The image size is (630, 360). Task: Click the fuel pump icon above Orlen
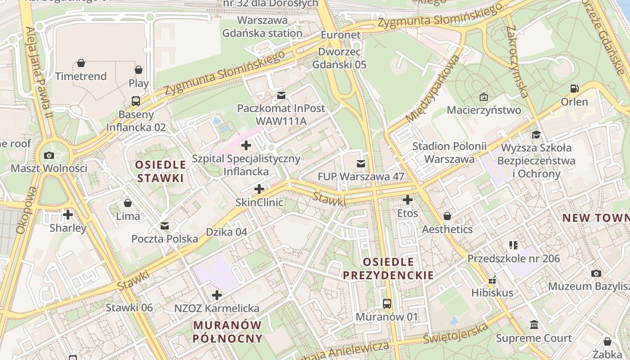click(574, 89)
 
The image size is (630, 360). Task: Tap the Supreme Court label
click(534, 338)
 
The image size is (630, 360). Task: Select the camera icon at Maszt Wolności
click(49, 155)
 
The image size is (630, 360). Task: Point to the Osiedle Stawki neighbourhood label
click(161, 171)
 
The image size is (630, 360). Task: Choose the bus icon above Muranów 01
click(387, 303)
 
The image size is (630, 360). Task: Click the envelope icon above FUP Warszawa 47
click(361, 163)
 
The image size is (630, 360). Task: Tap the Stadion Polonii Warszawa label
click(450, 153)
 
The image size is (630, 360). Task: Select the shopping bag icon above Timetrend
click(81, 63)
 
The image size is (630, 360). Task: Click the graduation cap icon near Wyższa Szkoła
click(536, 135)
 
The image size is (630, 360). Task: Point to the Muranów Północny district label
click(228, 332)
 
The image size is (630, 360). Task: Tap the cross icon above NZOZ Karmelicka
click(217, 295)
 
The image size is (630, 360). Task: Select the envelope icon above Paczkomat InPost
click(281, 95)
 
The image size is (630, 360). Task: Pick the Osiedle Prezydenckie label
click(388, 268)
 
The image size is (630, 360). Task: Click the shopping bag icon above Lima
click(128, 203)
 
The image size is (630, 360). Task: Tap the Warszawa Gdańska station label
click(262, 27)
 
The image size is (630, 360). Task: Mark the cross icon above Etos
click(408, 200)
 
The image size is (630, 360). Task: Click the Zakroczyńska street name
click(517, 61)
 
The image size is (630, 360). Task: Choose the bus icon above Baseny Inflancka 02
click(136, 101)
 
